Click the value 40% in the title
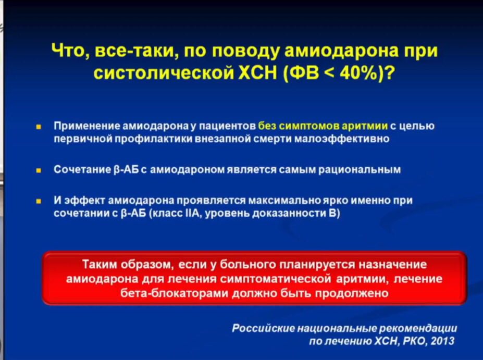point(358,73)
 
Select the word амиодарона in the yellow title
point(342,51)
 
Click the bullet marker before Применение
point(39,127)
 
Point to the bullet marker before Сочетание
point(39,170)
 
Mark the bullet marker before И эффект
point(39,202)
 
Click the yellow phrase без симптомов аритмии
point(323,126)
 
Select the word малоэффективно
point(342,139)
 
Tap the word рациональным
point(359,170)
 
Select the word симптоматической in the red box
point(276,279)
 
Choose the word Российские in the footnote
point(263,329)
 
